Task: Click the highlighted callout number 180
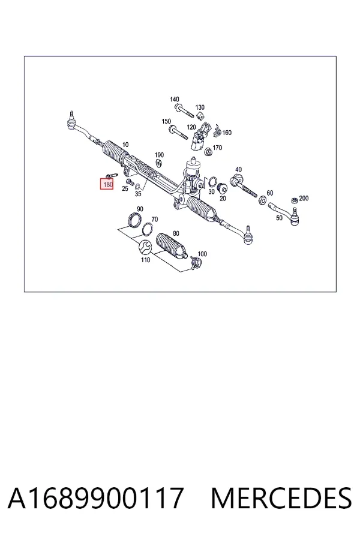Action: pyautogui.click(x=108, y=185)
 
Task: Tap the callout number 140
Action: pyautogui.click(x=175, y=100)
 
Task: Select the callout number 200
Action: pyautogui.click(x=304, y=198)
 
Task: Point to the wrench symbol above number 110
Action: pyautogui.click(x=145, y=247)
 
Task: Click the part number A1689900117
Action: pyautogui.click(x=96, y=497)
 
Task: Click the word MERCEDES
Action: pyautogui.click(x=281, y=497)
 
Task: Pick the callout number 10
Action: pyautogui.click(x=125, y=145)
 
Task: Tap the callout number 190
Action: pyautogui.click(x=159, y=155)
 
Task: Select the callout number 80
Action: pyautogui.click(x=176, y=233)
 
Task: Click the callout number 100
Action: pyautogui.click(x=202, y=254)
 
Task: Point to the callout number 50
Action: pyautogui.click(x=279, y=218)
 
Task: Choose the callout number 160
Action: pyautogui.click(x=227, y=133)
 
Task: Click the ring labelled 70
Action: pyautogui.click(x=148, y=229)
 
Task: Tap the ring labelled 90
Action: pyautogui.click(x=134, y=220)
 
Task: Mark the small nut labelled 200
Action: pyautogui.click(x=294, y=200)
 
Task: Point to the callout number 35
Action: pyautogui.click(x=138, y=194)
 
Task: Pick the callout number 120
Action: pyautogui.click(x=191, y=127)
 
